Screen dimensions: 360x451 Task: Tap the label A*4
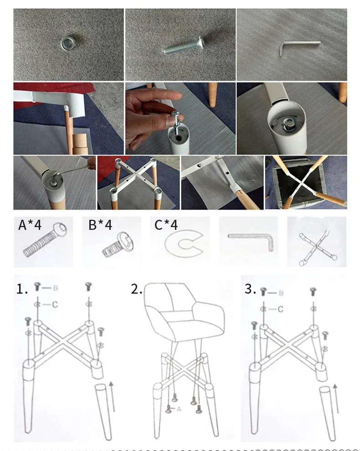coord(30,225)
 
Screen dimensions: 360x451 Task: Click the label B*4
coord(100,225)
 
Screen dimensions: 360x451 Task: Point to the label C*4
coord(166,225)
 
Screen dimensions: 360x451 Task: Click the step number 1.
coord(22,289)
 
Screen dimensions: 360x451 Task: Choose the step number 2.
coord(136,289)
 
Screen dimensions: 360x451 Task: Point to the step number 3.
coord(250,289)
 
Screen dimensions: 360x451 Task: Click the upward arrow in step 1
coord(112,396)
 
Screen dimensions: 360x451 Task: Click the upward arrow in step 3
coord(335,399)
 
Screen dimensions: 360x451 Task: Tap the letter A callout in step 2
coord(179,409)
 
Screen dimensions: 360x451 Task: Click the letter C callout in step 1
coord(55,304)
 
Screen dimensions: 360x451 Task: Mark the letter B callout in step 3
coord(281,293)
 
